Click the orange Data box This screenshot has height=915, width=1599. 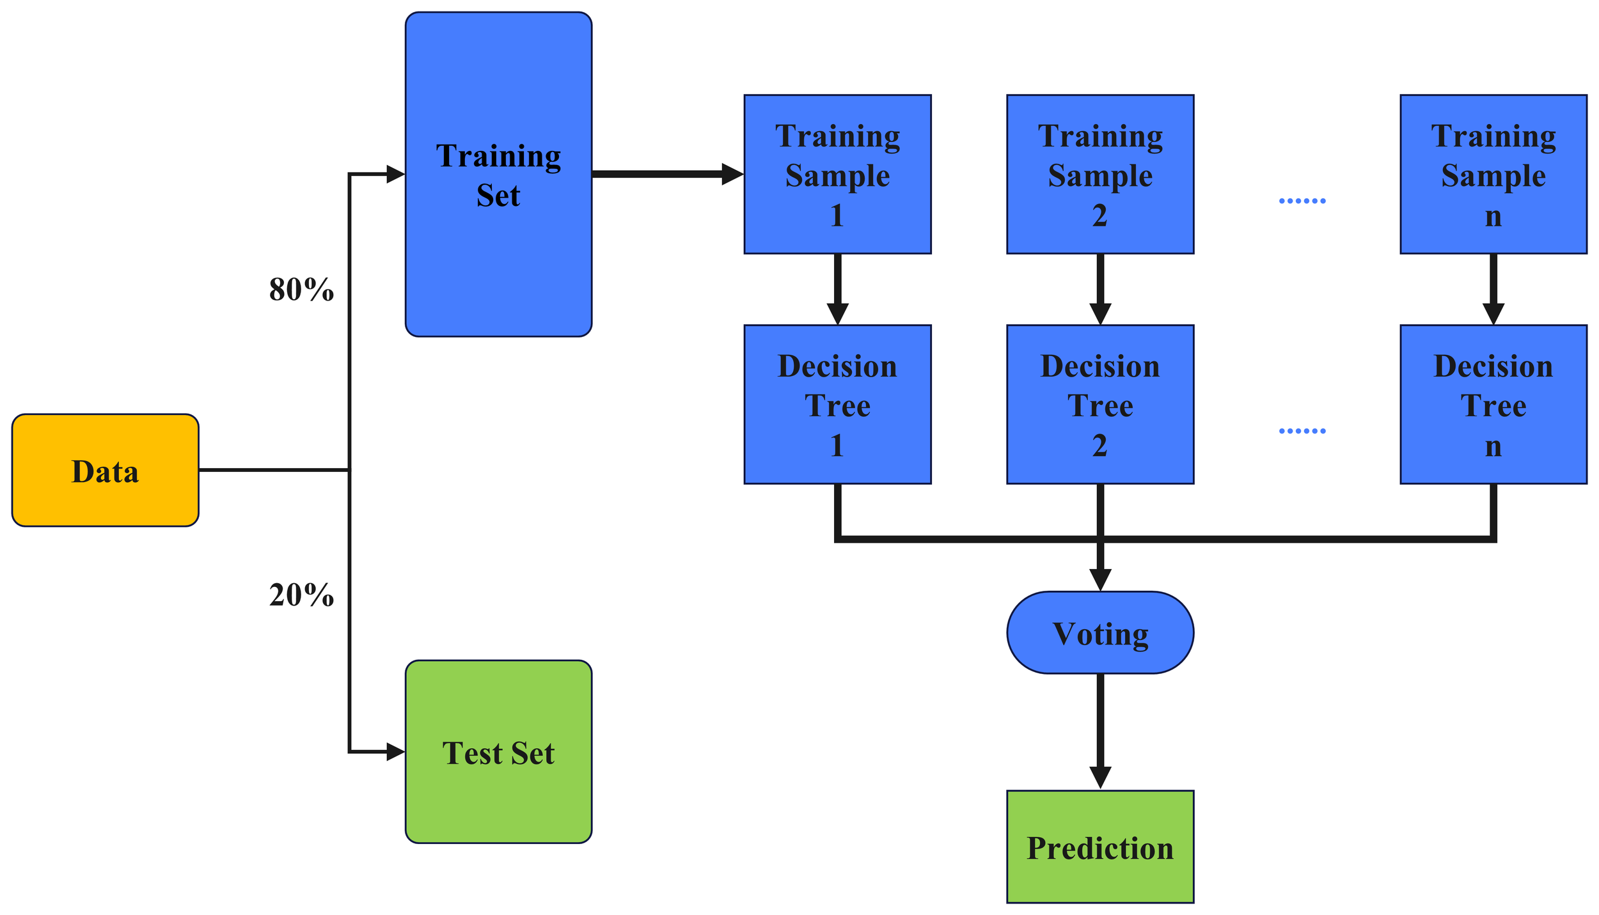[x=105, y=470]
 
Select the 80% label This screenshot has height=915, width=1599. [x=301, y=290]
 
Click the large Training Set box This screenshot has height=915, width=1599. [x=498, y=174]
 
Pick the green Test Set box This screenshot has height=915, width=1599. [x=498, y=752]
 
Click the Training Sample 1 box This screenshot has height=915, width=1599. [x=837, y=174]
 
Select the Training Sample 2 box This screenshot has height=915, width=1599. [x=1099, y=174]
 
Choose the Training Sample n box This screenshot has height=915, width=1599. [x=1493, y=174]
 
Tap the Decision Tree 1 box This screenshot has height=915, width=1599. [x=837, y=405]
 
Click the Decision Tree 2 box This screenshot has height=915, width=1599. [x=1099, y=405]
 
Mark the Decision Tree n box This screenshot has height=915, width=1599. [x=1493, y=405]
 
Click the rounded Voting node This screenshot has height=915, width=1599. [x=1099, y=633]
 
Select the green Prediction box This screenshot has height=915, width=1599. [x=1099, y=847]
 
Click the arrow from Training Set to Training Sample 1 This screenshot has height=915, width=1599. [x=665, y=174]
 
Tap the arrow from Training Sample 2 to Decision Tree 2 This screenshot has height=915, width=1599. [x=1099, y=288]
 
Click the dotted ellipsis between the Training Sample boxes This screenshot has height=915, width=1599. [x=1302, y=201]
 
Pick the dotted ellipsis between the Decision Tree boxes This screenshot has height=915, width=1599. [x=1302, y=431]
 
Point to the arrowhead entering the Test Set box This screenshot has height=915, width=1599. [x=395, y=752]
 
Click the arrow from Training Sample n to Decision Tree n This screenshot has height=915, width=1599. [x=1493, y=288]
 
